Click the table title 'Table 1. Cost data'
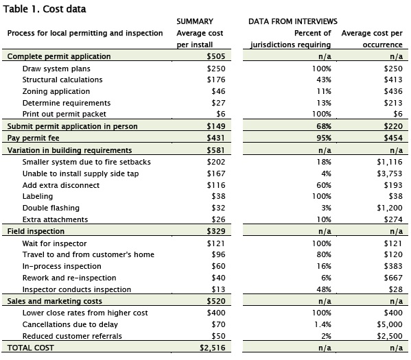(45, 9)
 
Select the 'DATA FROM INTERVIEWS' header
(293, 21)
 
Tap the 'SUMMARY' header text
(195, 21)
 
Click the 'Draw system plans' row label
(56, 69)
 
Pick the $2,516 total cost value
(212, 348)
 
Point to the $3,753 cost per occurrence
(390, 173)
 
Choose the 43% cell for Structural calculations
(324, 80)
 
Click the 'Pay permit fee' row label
(34, 138)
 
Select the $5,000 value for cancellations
(390, 324)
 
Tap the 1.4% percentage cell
(322, 324)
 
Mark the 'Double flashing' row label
(51, 208)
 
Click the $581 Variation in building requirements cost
(215, 150)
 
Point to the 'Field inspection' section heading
(36, 231)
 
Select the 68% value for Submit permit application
(324, 126)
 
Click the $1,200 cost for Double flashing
(390, 208)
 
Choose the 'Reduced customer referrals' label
(72, 336)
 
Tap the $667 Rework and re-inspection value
(393, 278)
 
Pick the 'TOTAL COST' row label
(31, 348)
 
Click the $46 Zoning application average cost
(218, 91)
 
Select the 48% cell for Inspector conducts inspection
(324, 289)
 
